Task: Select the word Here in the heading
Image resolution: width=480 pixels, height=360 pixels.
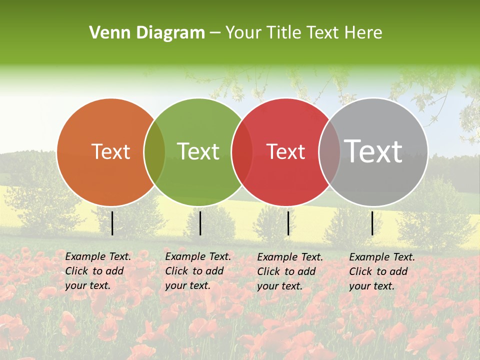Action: [x=363, y=33]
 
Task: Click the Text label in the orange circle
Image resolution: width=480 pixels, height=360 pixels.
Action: [x=110, y=151]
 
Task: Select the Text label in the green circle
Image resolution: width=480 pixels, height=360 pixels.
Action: [x=198, y=151]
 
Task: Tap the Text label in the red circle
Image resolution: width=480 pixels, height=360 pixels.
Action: [x=285, y=151]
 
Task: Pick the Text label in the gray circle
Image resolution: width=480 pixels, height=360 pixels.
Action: [x=373, y=151]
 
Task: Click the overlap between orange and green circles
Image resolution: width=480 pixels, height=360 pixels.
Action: [x=154, y=152]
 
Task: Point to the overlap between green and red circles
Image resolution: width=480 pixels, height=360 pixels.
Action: [x=242, y=152]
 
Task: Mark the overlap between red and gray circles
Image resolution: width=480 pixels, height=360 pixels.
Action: [x=329, y=152]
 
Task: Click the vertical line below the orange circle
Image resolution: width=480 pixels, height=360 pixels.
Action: [x=112, y=223]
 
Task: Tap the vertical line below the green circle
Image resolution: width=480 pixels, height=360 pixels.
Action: [x=200, y=223]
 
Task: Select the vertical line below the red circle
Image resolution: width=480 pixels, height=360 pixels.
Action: [x=288, y=223]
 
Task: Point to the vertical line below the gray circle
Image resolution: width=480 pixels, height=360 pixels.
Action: [x=372, y=223]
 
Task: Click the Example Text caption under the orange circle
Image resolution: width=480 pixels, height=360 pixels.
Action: [x=97, y=271]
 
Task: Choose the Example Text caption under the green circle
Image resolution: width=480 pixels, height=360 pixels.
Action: [x=197, y=271]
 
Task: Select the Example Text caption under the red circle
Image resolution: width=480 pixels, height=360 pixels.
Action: [x=289, y=271]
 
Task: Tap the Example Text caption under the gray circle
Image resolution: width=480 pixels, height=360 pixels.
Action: [x=381, y=271]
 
